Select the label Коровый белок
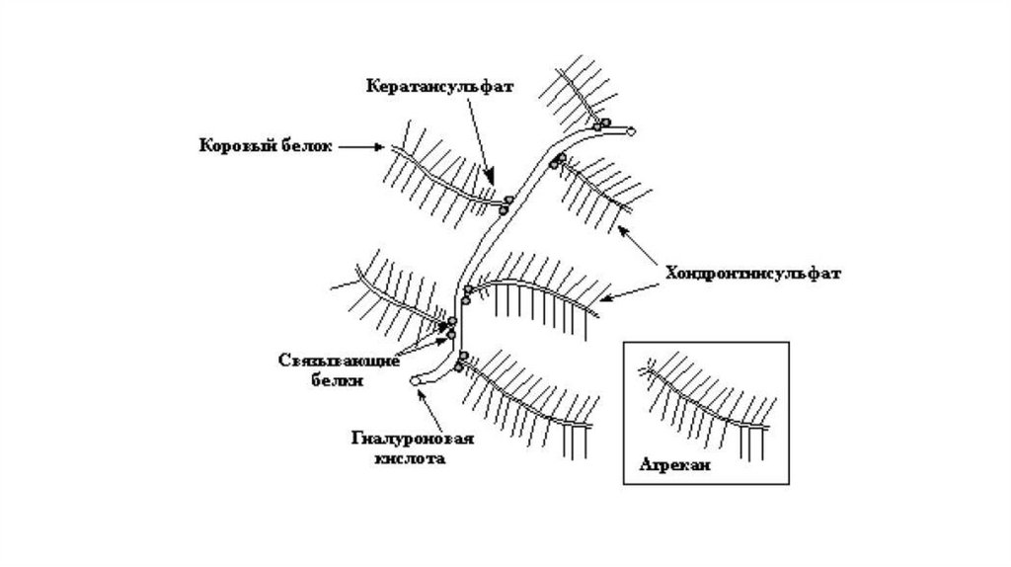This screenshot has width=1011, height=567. (x=264, y=146)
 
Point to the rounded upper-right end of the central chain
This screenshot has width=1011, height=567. (x=631, y=129)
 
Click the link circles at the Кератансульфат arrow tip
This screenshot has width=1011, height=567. (x=506, y=204)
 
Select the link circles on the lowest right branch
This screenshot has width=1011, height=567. (x=460, y=361)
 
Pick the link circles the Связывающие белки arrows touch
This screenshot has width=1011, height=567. (x=451, y=327)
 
